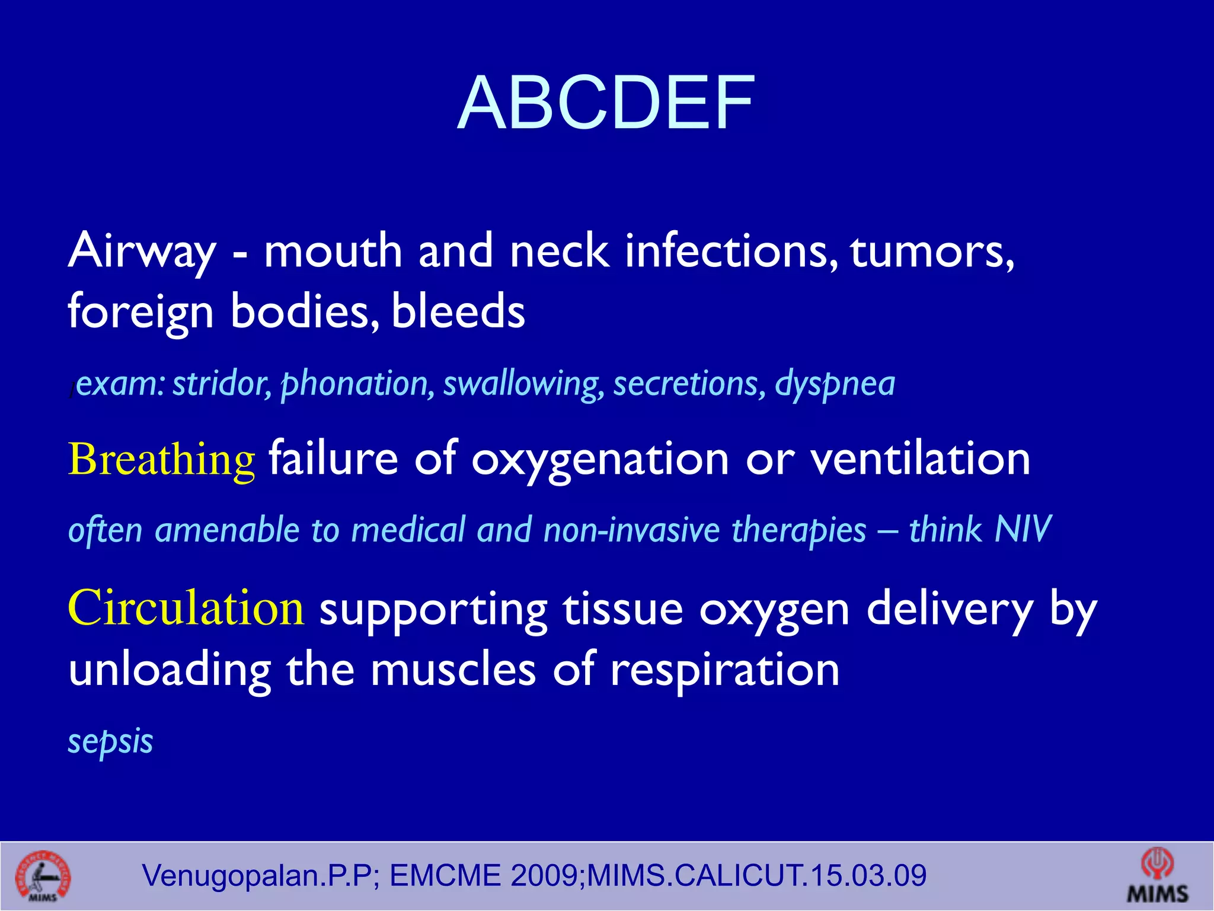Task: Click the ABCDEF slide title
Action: coord(606,103)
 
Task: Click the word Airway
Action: coord(142,251)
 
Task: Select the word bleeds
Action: coord(458,311)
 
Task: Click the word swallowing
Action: coord(523,384)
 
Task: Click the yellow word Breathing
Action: coord(161,460)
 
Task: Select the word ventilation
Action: coord(920,460)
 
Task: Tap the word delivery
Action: coord(950,610)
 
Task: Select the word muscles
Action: coord(453,670)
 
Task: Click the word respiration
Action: coord(724,670)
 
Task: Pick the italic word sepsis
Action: coord(111,741)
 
